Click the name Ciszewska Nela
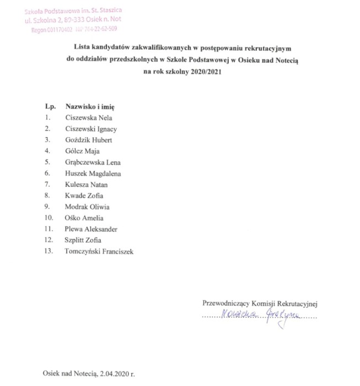click(x=88, y=118)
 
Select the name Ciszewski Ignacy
click(x=91, y=129)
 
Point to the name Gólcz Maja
click(x=83, y=151)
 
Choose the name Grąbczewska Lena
click(x=93, y=162)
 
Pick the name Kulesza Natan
click(x=87, y=184)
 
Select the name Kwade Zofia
click(x=84, y=195)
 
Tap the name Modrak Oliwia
click(x=87, y=207)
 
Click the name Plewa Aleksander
click(x=91, y=229)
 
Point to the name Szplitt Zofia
click(x=83, y=240)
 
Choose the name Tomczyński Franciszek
click(x=99, y=252)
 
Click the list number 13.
click(x=49, y=252)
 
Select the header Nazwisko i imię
click(x=89, y=105)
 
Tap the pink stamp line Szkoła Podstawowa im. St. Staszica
click(x=74, y=11)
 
